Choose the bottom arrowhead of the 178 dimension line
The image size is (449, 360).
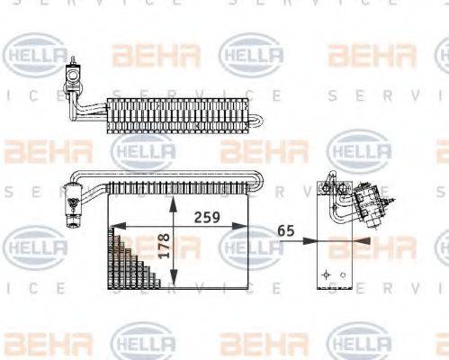pos(174,283)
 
